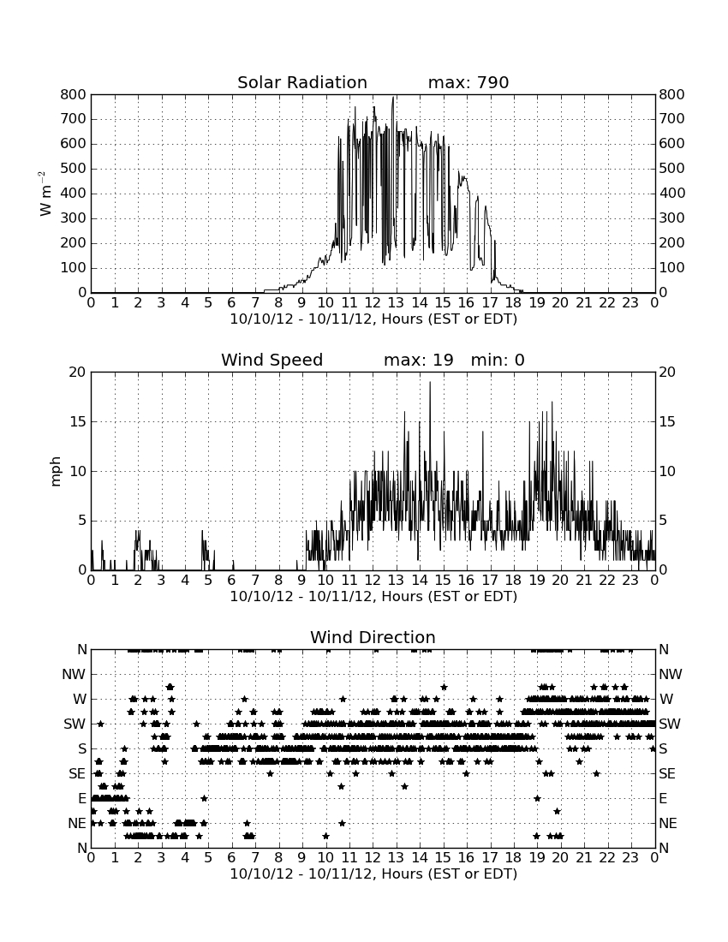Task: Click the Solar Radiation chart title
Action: pos(302,82)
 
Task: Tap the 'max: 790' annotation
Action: pos(468,82)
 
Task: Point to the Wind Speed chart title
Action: pos(272,360)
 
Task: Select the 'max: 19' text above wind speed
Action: pos(419,360)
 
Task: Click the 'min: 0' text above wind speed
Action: pos(498,360)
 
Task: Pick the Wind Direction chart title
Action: pos(373,637)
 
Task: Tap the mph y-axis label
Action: pos(56,472)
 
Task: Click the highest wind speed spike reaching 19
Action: pos(429,383)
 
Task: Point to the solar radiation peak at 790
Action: pos(393,98)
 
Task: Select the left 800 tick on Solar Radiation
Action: pos(74,94)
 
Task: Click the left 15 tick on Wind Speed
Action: pos(78,421)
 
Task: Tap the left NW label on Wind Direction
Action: pos(75,674)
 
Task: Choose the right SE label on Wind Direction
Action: pos(667,774)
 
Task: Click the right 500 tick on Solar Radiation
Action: pos(672,168)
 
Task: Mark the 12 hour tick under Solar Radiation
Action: pos(373,303)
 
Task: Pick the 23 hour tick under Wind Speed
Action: pos(630,581)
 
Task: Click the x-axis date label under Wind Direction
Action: pos(373,873)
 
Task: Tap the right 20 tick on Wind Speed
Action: pos(667,373)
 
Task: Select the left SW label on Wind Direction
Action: pos(75,724)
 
